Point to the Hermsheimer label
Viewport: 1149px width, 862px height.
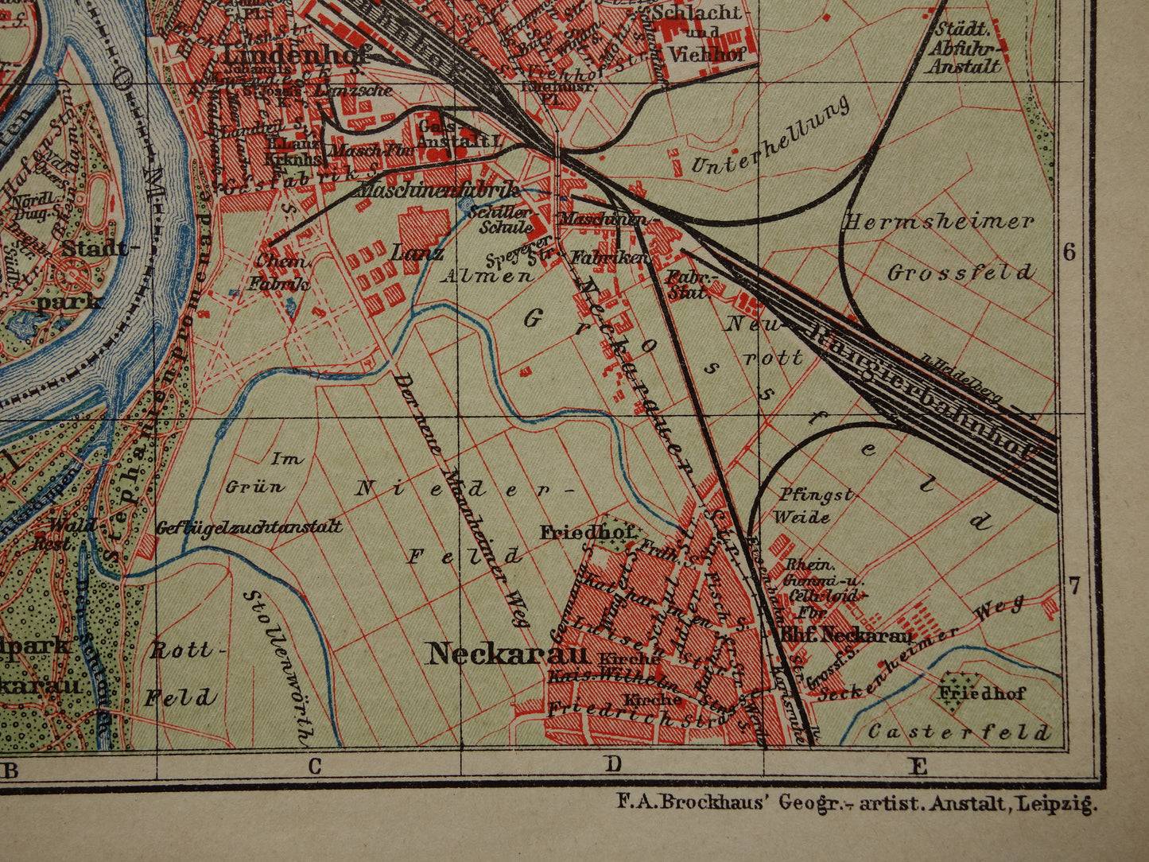coord(939,222)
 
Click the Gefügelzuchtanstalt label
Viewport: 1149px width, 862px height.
coord(249,526)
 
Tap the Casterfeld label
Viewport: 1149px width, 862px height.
coord(959,732)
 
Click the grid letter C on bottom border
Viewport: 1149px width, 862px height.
coord(315,767)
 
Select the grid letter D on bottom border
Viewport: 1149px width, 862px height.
coord(612,765)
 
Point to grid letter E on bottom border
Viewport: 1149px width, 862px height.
coord(918,767)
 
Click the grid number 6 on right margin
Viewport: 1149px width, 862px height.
coord(1069,252)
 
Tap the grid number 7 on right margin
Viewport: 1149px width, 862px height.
coord(1073,588)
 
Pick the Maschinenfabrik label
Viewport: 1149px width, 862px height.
coord(439,190)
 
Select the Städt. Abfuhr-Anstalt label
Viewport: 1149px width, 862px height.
coord(963,48)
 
